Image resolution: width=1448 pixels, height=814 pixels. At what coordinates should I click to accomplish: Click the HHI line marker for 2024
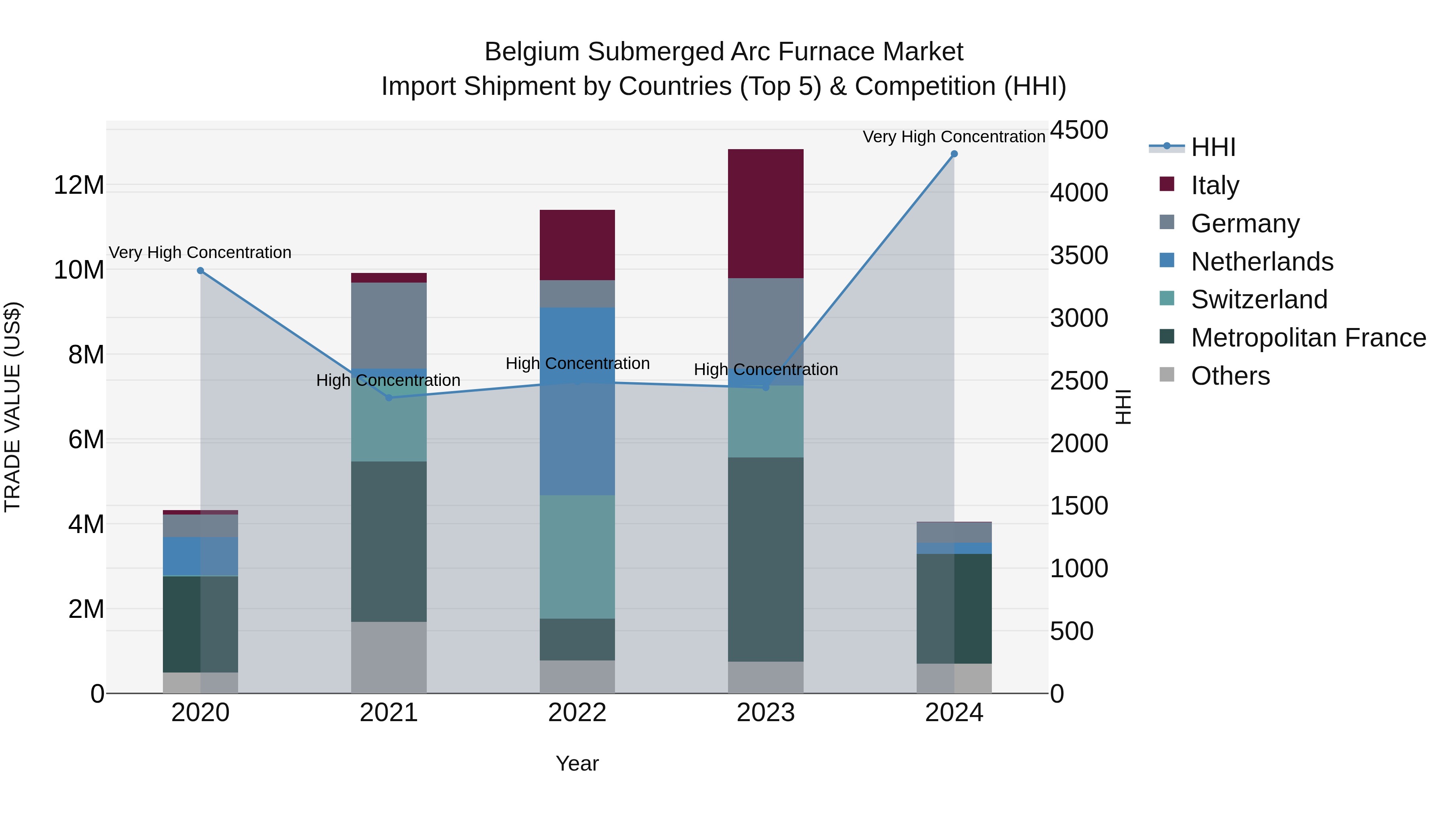[x=954, y=154]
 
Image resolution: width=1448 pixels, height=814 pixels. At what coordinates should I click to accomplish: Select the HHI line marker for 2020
[x=200, y=271]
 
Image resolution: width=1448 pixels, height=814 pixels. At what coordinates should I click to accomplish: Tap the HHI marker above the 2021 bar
[x=389, y=398]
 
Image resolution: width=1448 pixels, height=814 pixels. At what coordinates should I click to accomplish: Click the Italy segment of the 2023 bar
[x=765, y=213]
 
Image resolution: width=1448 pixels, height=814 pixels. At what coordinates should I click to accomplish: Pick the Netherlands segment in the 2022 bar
[x=577, y=401]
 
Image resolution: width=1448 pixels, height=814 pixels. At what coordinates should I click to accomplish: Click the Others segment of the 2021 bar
[x=389, y=657]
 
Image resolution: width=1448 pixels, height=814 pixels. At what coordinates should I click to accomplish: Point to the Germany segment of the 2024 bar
[x=954, y=533]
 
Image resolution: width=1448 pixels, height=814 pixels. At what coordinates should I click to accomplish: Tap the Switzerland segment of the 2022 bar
[x=577, y=557]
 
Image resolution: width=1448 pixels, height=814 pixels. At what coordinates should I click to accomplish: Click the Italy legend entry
[x=1214, y=185]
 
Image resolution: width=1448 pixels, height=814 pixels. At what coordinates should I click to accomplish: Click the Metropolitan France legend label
[x=1308, y=338]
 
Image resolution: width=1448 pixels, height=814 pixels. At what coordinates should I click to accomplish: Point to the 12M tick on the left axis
[x=79, y=185]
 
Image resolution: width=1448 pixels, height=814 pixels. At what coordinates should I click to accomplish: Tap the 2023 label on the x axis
[x=765, y=713]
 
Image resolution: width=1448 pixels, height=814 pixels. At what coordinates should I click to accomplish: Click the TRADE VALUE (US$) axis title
[x=12, y=407]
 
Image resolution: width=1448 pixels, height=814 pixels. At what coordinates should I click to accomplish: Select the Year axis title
[x=577, y=763]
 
